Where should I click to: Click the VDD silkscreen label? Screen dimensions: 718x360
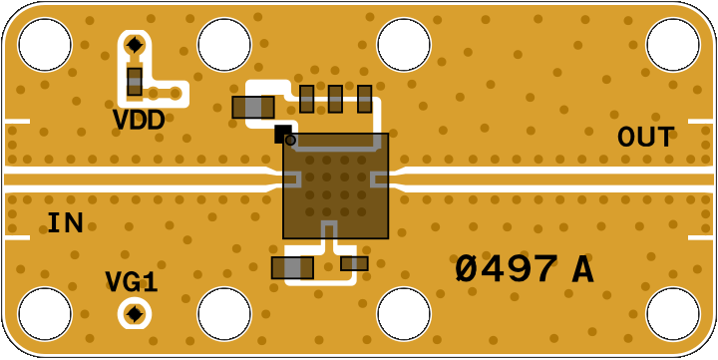139,121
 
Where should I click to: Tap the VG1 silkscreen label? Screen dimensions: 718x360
132,281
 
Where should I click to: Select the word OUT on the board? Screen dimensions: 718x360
645,137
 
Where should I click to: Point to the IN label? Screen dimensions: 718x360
66,223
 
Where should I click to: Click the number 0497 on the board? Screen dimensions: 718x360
507,269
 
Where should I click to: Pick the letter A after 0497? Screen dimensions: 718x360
583,270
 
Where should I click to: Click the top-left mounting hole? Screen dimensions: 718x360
45,45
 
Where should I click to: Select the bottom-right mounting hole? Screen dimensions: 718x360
673,314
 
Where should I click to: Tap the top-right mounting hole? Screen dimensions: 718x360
673,45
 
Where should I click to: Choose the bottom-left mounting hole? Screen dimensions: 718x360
45,314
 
